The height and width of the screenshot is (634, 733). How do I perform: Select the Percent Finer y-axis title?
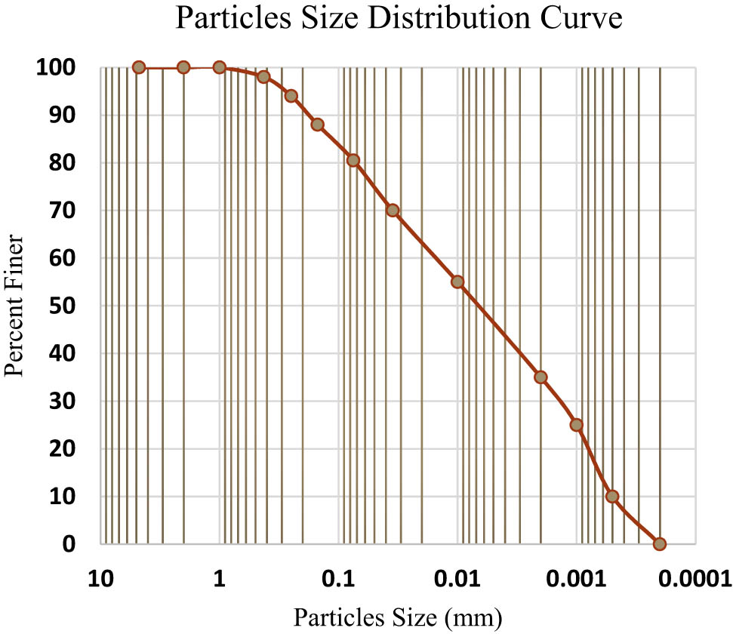17,306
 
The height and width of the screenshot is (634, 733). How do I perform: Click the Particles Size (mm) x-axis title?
398,617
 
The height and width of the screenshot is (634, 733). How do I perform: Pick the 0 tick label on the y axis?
71,543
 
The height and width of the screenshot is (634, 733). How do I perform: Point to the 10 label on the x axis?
101,579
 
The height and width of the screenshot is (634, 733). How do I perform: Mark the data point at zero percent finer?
660,543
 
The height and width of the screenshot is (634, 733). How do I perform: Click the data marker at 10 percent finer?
612,497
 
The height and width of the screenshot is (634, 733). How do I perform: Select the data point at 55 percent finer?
457,282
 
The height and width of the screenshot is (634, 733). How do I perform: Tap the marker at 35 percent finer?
541,377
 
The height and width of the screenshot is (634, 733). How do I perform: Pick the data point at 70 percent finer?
393,210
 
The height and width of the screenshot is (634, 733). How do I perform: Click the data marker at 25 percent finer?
577,424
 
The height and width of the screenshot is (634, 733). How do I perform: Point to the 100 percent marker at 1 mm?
220,67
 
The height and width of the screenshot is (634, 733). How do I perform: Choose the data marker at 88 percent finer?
318,125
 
